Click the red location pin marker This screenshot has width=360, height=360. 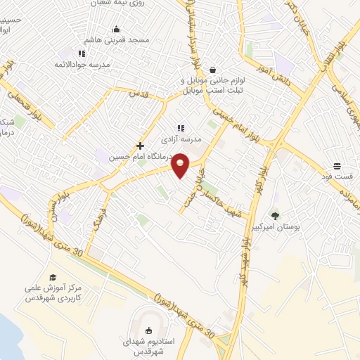pyautogui.click(x=181, y=165)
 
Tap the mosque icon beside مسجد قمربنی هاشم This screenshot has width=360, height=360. pyautogui.click(x=116, y=30)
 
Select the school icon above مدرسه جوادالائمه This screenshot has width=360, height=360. pyautogui.click(x=82, y=53)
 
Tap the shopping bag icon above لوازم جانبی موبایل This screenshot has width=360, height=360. pyautogui.click(x=213, y=70)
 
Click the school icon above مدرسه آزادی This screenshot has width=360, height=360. pyautogui.click(x=181, y=128)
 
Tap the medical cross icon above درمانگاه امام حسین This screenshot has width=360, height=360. pyautogui.click(x=141, y=146)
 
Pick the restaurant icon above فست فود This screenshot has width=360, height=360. pyautogui.click(x=337, y=166)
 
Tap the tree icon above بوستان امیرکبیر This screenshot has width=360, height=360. pyautogui.click(x=275, y=216)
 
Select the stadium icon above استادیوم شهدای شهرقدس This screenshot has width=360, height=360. pyautogui.click(x=148, y=330)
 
